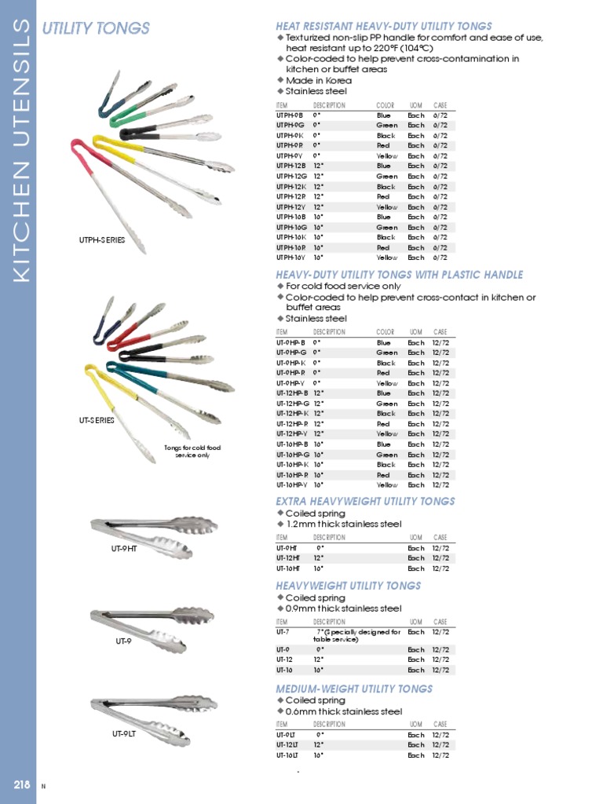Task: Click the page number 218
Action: (21, 784)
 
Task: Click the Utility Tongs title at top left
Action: (96, 29)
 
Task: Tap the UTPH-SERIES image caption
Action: (102, 240)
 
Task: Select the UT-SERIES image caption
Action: (97, 420)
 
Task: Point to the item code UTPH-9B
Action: (290, 115)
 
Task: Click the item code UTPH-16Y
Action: (291, 258)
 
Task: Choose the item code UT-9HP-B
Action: (291, 343)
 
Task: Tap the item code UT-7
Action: (283, 631)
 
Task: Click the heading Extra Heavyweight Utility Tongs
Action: (365, 501)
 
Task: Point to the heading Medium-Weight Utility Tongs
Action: (354, 689)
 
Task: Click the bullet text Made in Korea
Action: (319, 80)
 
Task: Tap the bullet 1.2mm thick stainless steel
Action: (343, 524)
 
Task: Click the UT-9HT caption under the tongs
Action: (124, 549)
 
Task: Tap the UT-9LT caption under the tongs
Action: (124, 734)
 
